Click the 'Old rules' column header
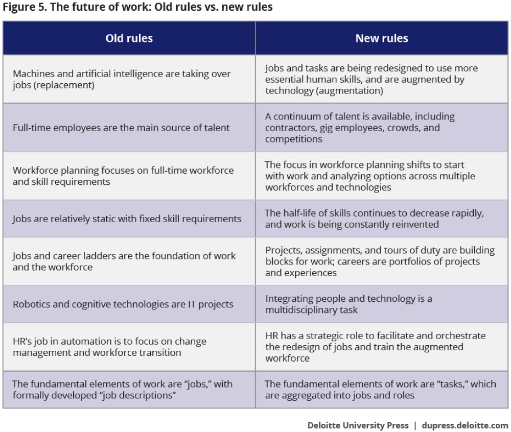click(129, 38)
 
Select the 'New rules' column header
click(382, 38)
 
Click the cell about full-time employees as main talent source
click(122, 128)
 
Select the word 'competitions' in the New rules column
click(293, 139)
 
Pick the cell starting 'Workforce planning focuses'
click(123, 176)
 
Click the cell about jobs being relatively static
click(127, 219)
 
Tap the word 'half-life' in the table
click(299, 213)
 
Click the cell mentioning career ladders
click(124, 261)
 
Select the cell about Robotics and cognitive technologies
click(123, 304)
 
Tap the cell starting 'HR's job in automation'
click(109, 347)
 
